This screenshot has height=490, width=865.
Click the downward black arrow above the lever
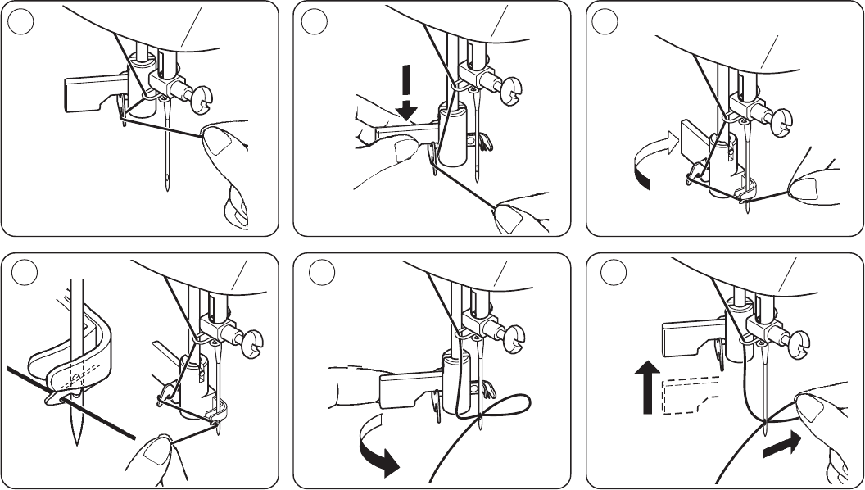tap(407, 95)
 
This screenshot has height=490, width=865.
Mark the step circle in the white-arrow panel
tap(606, 23)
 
